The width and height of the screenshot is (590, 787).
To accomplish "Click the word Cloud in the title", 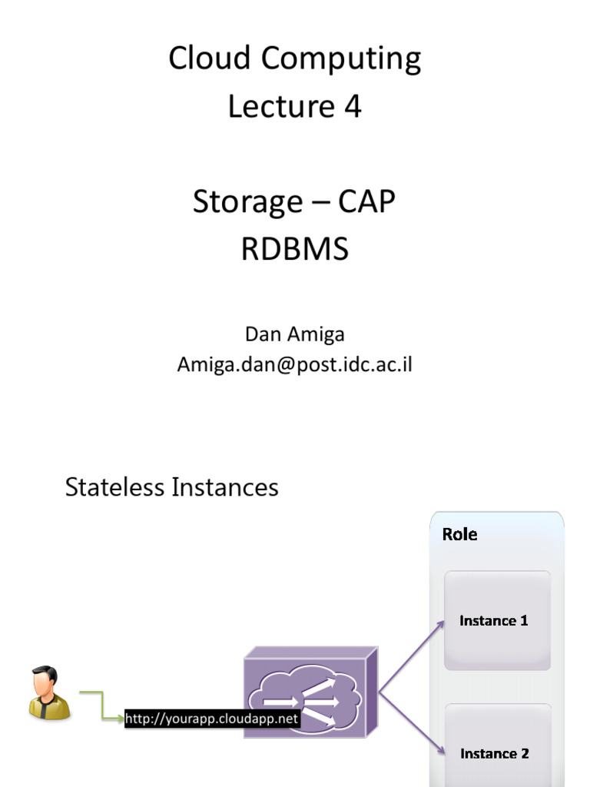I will click(203, 59).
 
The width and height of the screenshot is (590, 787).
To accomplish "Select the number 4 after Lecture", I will click(352, 107).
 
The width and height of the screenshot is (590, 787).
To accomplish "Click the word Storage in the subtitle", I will click(247, 202).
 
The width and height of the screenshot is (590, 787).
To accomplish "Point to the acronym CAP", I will click(366, 202).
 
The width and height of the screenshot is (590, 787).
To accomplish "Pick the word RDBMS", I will click(294, 250).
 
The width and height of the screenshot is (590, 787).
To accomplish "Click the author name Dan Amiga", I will click(294, 334).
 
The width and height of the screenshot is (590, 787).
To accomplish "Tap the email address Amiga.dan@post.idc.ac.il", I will click(294, 364).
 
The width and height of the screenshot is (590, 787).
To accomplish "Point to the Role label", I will click(459, 534).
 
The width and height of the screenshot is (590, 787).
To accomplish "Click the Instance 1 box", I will click(497, 620).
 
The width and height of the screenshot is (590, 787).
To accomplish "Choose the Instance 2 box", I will click(497, 749).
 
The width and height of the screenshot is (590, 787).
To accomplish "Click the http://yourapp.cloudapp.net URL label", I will click(211, 719).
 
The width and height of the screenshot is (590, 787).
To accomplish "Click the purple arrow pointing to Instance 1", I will click(411, 657).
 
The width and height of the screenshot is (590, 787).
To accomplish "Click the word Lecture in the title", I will click(280, 107).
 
